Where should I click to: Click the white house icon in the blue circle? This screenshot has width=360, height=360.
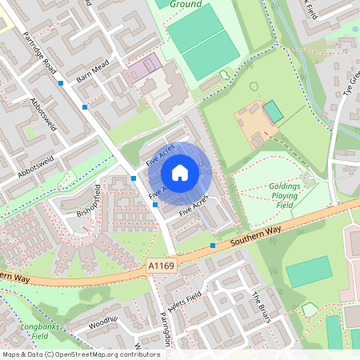(x=180, y=171)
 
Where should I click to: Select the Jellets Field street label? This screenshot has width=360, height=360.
(x=183, y=302)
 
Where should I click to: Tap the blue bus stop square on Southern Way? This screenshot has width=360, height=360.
(x=213, y=245)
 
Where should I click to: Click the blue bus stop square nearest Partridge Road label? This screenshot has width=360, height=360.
(x=61, y=82)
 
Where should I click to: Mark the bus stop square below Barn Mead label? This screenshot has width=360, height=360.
(x=85, y=106)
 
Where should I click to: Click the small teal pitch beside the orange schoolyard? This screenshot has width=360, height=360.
(x=274, y=111)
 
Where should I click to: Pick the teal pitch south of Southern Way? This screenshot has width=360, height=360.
(x=309, y=272)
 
